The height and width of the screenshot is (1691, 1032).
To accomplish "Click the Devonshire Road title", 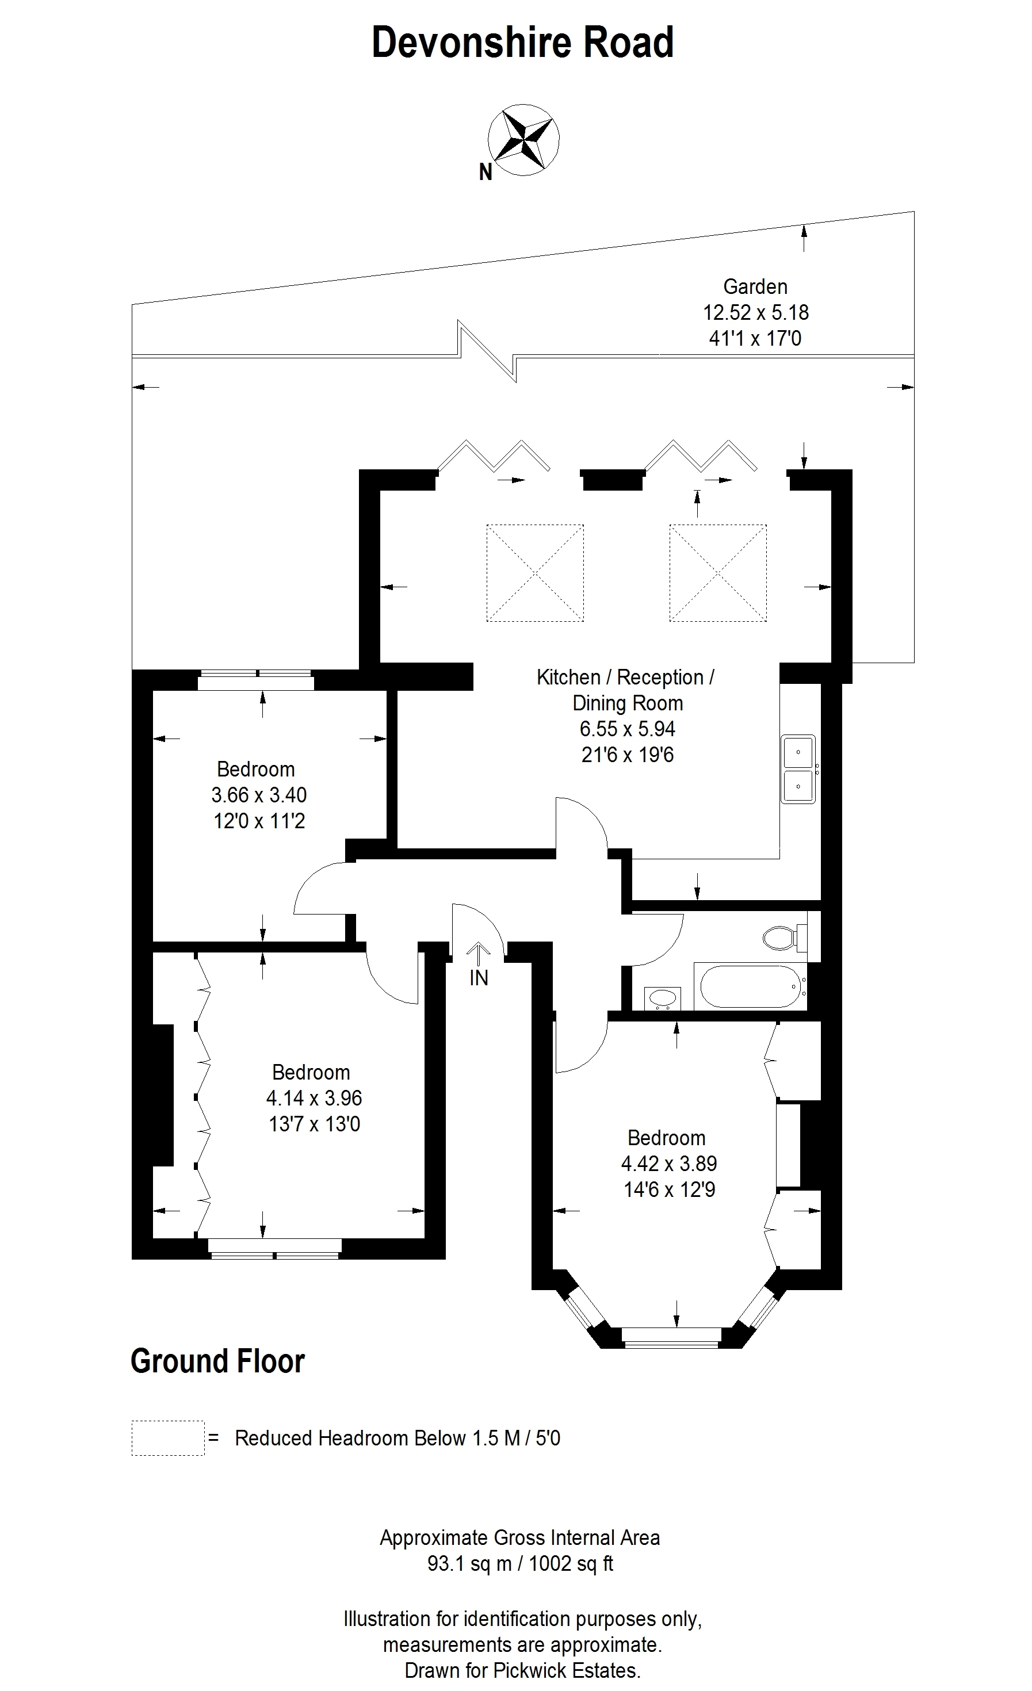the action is pos(522,43).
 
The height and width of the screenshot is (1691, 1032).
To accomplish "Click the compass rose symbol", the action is pos(523,140).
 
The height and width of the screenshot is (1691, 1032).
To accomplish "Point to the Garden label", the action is pos(755,286).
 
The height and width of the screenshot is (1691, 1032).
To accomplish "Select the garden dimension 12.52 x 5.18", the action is pos(755,312).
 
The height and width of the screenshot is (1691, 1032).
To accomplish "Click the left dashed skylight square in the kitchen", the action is pos(535,573).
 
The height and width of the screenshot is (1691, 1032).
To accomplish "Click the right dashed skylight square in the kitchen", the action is pos(718,573).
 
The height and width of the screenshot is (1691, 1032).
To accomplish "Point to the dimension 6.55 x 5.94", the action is pos(628,729).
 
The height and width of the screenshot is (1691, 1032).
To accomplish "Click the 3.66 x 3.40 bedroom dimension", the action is pos(259,795).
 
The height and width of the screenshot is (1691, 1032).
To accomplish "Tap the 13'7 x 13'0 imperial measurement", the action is pos(314,1124).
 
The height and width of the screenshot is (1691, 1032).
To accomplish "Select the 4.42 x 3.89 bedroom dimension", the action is pos(669,1163).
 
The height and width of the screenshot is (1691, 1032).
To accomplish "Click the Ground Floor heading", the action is pos(217,1361).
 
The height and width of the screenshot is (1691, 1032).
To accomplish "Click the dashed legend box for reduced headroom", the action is pos(168,1438).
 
